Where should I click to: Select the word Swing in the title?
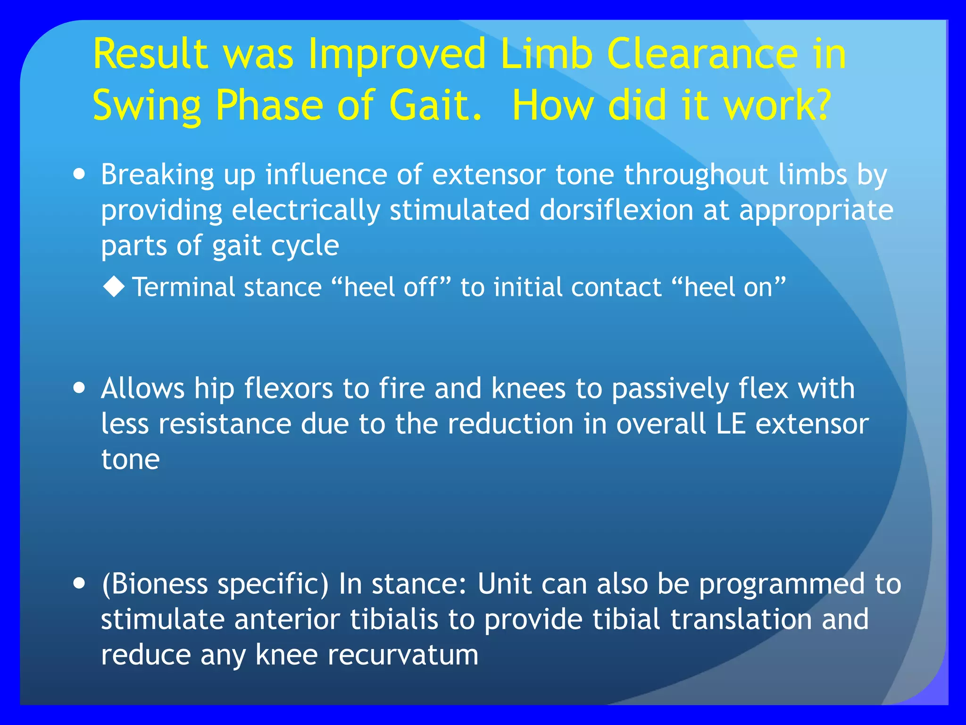(x=147, y=106)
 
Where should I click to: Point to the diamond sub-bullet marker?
(x=114, y=287)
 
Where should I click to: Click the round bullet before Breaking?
(x=80, y=174)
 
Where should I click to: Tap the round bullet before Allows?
(x=80, y=388)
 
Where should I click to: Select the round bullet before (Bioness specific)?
(x=80, y=583)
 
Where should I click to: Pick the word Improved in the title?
(x=397, y=56)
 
